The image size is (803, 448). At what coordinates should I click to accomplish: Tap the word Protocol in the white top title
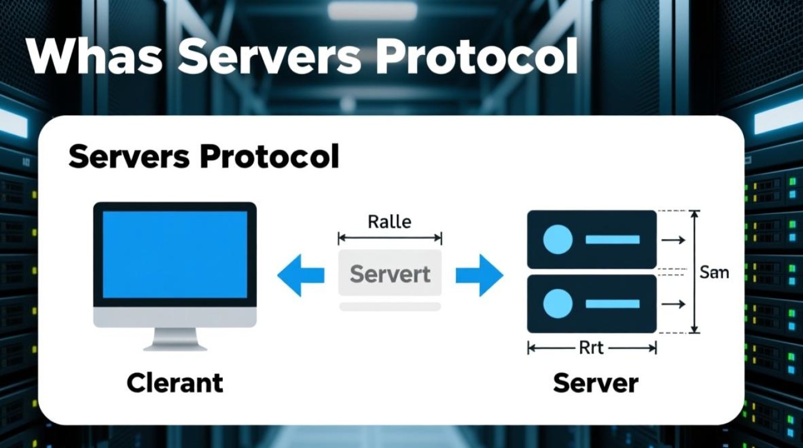click(477, 55)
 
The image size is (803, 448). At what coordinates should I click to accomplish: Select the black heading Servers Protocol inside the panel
click(204, 157)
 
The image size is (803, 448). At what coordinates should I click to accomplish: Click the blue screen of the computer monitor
click(175, 254)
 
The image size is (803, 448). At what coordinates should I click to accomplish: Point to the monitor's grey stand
click(175, 339)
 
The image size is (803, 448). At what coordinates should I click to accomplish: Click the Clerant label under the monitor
click(175, 382)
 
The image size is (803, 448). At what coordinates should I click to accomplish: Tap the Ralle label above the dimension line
click(390, 222)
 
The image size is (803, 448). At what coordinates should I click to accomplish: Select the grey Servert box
click(390, 273)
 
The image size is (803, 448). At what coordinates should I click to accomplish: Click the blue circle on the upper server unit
click(557, 240)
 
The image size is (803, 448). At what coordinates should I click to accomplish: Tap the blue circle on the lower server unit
click(557, 303)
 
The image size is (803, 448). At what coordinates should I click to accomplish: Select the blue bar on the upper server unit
click(612, 240)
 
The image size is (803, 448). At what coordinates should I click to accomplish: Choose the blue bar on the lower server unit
click(612, 303)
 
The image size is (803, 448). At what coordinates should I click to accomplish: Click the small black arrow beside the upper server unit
click(673, 240)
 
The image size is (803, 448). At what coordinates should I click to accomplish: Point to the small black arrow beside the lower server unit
click(673, 304)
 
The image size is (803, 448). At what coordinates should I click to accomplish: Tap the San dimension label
click(714, 272)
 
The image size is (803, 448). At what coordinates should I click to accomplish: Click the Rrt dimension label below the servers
click(591, 348)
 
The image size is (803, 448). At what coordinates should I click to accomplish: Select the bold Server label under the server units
click(595, 382)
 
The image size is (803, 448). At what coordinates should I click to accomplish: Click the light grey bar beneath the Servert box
click(390, 306)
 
